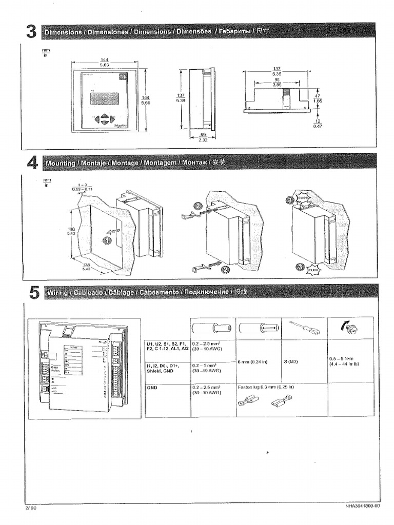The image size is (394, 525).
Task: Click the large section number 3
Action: (31, 32)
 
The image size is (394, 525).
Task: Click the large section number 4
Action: (31, 163)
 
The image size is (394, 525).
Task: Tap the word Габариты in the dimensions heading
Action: (235, 32)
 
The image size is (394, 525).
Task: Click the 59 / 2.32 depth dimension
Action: (203, 137)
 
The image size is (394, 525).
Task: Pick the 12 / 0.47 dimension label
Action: (316, 123)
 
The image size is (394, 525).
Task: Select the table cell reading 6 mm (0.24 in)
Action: (253, 361)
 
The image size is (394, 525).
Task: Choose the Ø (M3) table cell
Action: (290, 361)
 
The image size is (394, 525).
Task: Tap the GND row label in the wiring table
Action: (152, 388)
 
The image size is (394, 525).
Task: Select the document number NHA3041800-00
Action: (363, 506)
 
